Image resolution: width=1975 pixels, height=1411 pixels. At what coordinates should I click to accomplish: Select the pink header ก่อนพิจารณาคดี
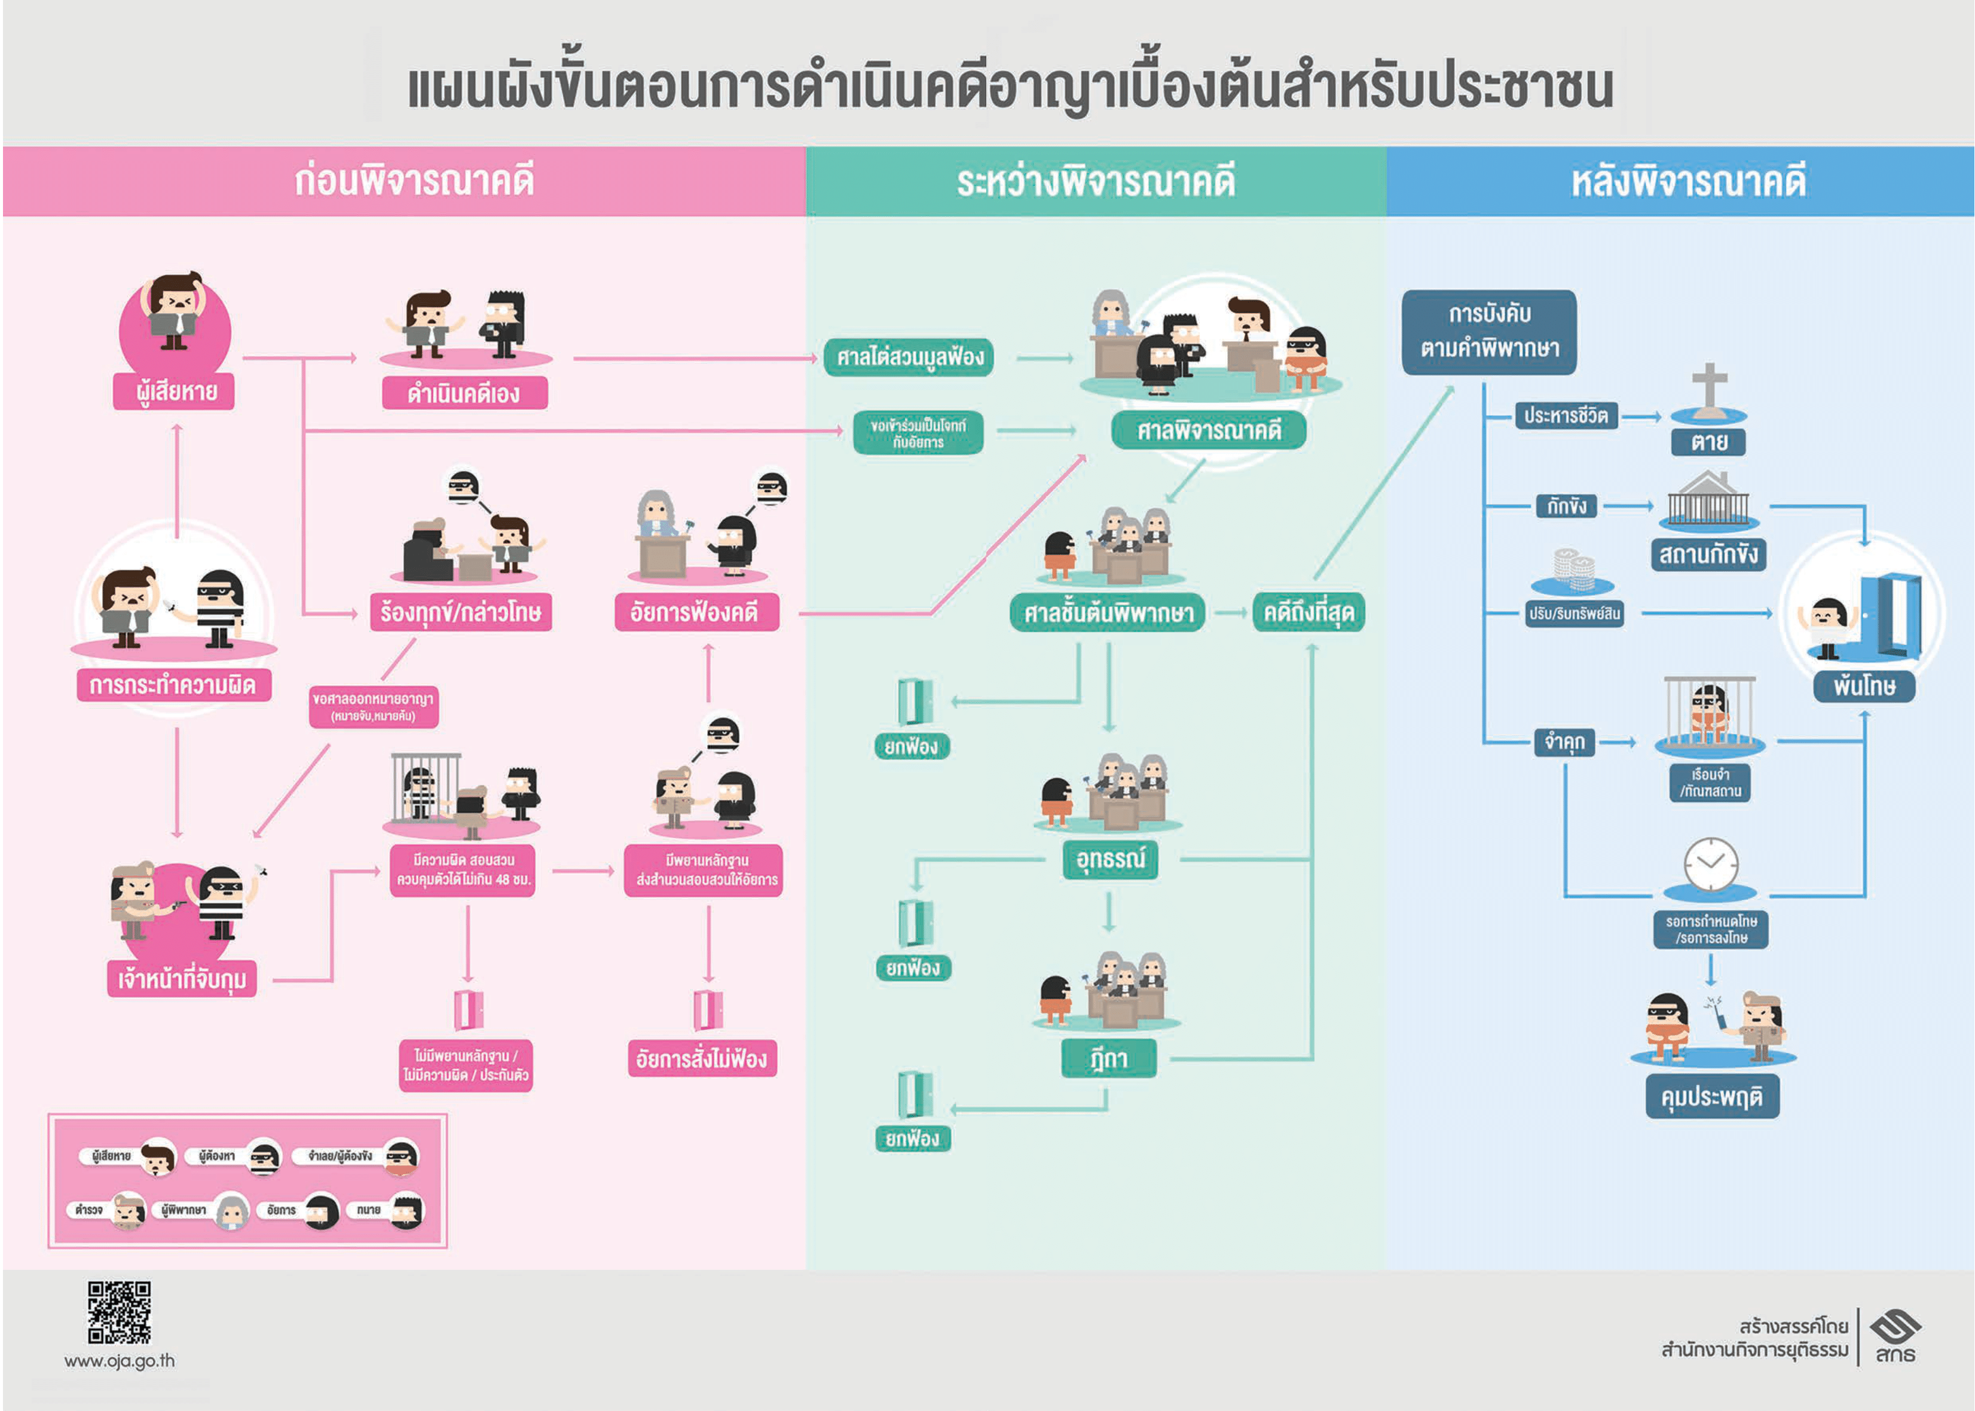click(x=414, y=180)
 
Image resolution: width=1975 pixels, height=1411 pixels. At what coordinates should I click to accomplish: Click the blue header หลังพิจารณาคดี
click(x=1687, y=180)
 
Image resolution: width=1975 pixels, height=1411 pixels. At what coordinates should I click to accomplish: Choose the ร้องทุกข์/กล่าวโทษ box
click(x=460, y=613)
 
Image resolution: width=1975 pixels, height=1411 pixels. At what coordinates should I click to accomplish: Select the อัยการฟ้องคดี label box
click(x=695, y=613)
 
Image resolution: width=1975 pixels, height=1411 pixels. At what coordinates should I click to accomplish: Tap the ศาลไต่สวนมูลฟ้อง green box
click(x=909, y=357)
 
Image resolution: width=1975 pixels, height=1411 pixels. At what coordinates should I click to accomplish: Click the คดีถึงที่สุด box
click(x=1308, y=613)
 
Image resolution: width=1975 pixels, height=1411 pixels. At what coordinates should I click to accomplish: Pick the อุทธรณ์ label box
click(x=1111, y=859)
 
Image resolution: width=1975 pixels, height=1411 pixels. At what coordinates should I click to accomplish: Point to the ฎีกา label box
click(x=1109, y=1058)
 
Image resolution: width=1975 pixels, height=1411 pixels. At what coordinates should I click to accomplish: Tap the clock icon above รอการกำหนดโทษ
click(x=1711, y=865)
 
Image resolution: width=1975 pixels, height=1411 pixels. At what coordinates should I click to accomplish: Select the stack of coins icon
click(x=1573, y=568)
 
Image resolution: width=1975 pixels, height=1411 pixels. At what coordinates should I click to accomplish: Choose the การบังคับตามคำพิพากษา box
click(x=1488, y=332)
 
